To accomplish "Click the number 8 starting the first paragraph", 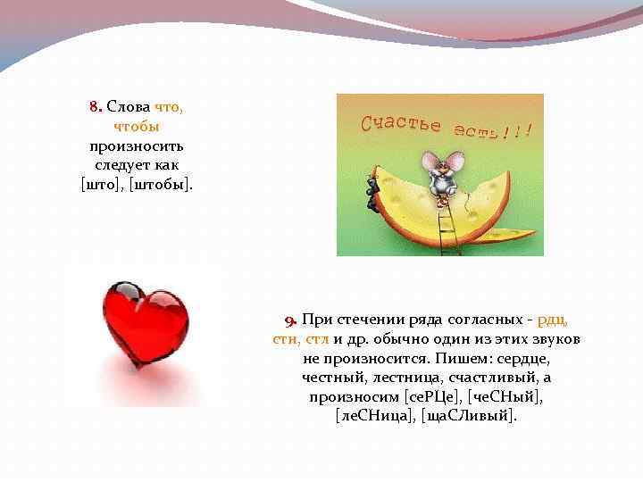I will click(x=93, y=107).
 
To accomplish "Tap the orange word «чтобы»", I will click(x=137, y=126).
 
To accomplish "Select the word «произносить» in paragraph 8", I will click(x=137, y=145).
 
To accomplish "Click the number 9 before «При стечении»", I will click(x=289, y=320).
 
